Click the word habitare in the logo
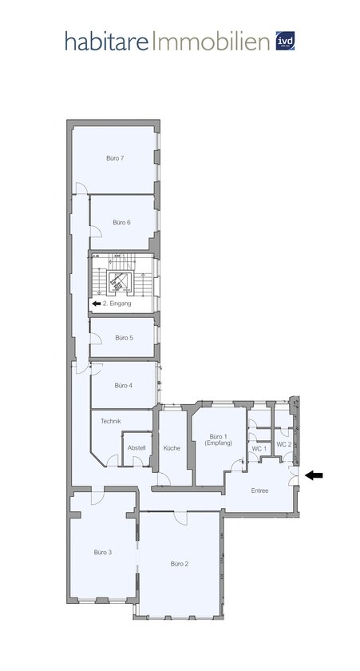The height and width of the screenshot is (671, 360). [x=106, y=42]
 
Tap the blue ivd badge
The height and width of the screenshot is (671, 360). [x=285, y=42]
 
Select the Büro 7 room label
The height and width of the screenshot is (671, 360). [x=115, y=158]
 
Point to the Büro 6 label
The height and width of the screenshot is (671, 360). [x=121, y=221]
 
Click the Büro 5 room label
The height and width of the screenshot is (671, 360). [x=124, y=338]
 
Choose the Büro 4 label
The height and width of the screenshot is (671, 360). [x=123, y=385]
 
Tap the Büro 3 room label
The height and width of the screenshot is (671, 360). [x=102, y=552]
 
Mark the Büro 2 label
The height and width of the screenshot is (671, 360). [x=179, y=563]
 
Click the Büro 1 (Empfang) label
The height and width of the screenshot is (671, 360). [x=219, y=440]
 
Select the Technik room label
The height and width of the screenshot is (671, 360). [x=110, y=421]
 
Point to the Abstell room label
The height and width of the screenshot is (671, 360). [x=136, y=448]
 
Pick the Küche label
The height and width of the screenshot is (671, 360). [x=172, y=448]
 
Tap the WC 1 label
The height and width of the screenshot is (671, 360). [x=258, y=449]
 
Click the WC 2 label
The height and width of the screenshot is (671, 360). [x=283, y=444]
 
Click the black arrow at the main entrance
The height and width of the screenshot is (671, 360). [x=315, y=475]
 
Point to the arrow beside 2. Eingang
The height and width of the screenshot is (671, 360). [x=96, y=304]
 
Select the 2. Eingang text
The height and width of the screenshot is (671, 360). [x=117, y=304]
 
